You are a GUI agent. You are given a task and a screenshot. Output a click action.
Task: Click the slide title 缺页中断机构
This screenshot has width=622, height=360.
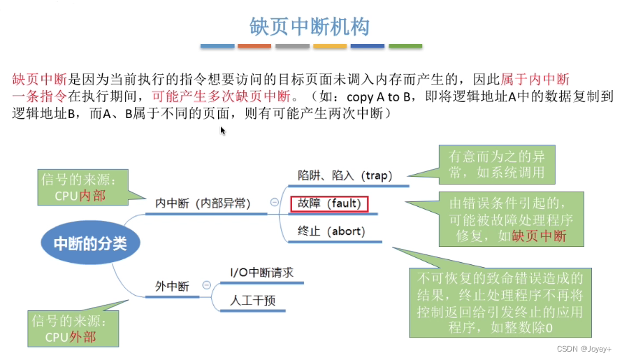(x=310, y=27)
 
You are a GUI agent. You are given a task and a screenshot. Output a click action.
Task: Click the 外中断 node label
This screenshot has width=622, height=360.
(x=172, y=286)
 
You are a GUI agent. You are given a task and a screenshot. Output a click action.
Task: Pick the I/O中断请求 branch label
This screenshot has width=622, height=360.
(x=261, y=272)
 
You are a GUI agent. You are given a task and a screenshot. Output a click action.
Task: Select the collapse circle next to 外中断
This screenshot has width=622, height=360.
(x=206, y=286)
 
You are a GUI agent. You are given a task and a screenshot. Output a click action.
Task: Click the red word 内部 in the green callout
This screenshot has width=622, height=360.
(x=92, y=196)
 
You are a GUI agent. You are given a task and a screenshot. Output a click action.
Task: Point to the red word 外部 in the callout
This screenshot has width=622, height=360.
(x=82, y=338)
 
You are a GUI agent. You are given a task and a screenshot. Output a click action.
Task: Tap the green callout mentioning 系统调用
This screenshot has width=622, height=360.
(x=496, y=165)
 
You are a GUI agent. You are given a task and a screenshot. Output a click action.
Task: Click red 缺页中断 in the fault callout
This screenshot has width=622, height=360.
(x=539, y=236)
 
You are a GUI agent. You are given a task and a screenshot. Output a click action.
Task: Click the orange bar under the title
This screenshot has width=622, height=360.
(x=254, y=46)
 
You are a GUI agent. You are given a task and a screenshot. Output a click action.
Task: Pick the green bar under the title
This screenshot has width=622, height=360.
(x=405, y=46)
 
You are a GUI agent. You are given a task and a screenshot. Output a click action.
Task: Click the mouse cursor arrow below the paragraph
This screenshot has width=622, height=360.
(x=223, y=131)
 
